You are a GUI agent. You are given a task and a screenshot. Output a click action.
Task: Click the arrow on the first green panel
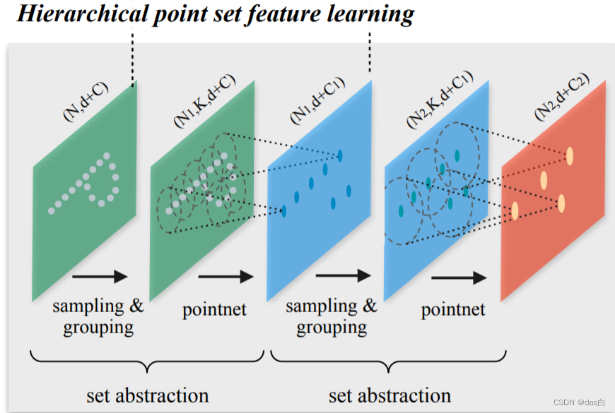(100, 277)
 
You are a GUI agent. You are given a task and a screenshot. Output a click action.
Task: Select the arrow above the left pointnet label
(225, 277)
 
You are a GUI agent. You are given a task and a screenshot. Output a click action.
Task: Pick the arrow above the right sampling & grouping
(342, 276)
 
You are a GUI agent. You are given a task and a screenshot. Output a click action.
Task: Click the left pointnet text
(214, 309)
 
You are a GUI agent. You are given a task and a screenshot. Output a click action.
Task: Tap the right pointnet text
(453, 309)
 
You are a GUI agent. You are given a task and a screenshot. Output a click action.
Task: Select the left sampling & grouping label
(98, 316)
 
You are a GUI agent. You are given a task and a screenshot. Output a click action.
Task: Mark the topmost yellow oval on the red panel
(569, 155)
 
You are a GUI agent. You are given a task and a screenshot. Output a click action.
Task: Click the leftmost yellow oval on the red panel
(515, 210)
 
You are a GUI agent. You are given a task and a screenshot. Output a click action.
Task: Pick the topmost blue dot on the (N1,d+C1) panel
(339, 155)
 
